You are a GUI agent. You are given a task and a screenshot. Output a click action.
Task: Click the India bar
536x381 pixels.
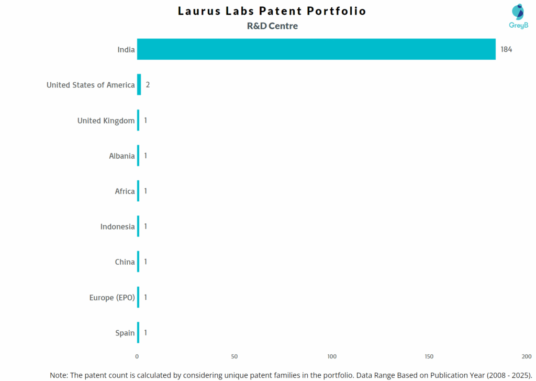tap(316, 49)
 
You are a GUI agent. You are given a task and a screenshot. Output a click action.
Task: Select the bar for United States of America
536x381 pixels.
tap(139, 85)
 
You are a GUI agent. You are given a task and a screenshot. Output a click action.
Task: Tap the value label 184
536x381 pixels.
tap(506, 50)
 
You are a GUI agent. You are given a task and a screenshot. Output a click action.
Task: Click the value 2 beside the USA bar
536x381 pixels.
tap(148, 85)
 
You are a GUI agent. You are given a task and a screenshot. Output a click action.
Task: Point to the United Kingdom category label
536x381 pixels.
tap(106, 121)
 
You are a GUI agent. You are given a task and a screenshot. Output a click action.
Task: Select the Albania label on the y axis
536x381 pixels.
tap(121, 156)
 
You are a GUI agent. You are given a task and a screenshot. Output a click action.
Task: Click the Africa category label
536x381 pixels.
tap(125, 191)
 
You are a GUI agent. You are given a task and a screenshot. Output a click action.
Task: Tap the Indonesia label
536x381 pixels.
tap(117, 227)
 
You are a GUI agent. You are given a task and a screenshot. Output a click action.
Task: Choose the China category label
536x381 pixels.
tap(125, 262)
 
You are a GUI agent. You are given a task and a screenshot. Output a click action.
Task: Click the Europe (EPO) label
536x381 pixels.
tap(112, 298)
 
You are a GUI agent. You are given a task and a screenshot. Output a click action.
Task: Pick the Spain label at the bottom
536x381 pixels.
tap(125, 333)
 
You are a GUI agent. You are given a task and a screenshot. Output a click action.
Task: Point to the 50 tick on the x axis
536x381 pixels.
tap(234, 356)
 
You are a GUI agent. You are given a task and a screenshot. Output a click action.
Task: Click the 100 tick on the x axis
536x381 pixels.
tap(332, 356)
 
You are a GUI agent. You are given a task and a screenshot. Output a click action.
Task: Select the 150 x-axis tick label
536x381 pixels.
tap(429, 356)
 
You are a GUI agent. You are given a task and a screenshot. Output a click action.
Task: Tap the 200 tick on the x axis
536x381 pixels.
tap(526, 356)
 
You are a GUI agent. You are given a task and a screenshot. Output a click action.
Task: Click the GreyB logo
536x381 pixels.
tap(519, 16)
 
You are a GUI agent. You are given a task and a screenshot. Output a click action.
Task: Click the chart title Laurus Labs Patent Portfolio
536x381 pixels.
tap(272, 11)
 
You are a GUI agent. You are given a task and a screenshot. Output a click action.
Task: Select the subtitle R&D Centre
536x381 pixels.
tap(272, 26)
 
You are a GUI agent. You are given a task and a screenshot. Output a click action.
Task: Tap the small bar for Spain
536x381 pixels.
tap(138, 333)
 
